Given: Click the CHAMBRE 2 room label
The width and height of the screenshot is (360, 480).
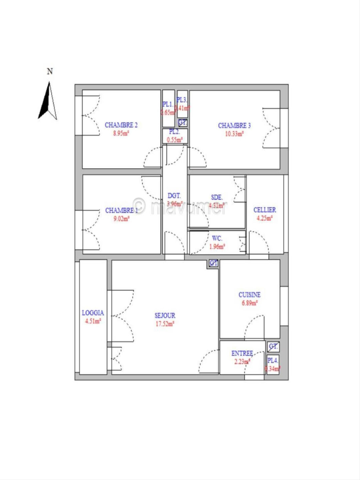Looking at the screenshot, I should click(x=121, y=125).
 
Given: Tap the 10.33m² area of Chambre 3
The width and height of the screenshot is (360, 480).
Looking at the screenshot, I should click(x=234, y=134).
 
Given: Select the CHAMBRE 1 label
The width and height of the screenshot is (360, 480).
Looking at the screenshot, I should click(x=121, y=210).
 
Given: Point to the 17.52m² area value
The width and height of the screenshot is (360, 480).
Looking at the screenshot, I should click(x=165, y=324).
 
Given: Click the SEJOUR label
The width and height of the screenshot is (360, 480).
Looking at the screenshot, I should click(x=165, y=315).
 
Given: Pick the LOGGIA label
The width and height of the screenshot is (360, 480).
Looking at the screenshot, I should click(x=93, y=313).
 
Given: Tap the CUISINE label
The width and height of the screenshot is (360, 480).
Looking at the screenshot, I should click(x=249, y=295).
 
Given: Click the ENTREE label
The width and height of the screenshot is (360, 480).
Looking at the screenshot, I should click(x=242, y=353).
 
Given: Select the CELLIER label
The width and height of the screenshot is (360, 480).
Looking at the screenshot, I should click(x=265, y=210).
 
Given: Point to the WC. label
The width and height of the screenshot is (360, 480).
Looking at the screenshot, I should click(x=217, y=238).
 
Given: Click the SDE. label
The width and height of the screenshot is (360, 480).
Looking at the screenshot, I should click(x=217, y=197).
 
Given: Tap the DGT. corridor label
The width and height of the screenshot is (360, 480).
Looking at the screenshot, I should click(x=174, y=196).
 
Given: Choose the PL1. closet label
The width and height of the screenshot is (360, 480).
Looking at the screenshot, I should click(x=168, y=104).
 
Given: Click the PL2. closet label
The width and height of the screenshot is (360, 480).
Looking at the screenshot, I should click(x=174, y=132).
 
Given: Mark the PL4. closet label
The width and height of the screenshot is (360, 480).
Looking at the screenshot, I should click(x=273, y=360).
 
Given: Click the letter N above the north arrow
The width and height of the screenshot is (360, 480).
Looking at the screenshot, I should click(x=50, y=71).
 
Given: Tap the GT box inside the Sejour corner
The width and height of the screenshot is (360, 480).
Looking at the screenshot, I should click(x=213, y=263).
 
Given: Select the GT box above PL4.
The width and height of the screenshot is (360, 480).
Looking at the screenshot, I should click(x=273, y=347).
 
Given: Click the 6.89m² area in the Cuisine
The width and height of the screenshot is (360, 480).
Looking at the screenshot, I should click(x=249, y=303).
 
